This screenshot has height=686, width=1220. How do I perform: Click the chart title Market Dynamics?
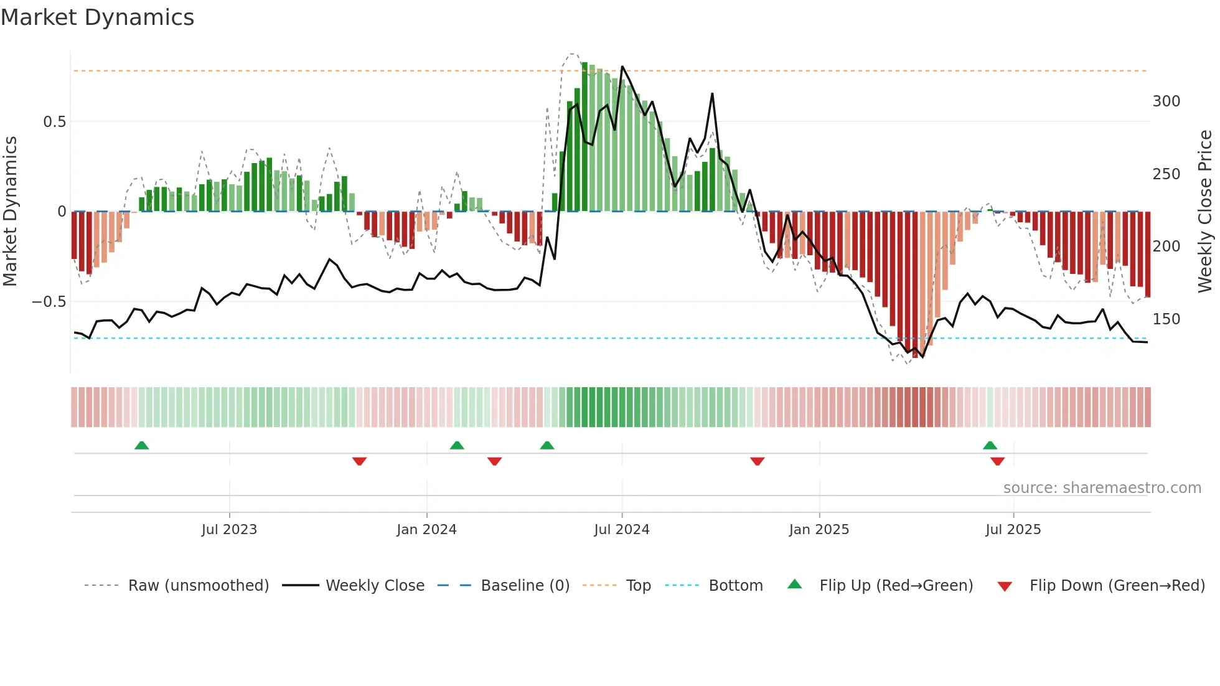click(x=98, y=17)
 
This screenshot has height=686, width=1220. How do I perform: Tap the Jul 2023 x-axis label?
click(x=229, y=530)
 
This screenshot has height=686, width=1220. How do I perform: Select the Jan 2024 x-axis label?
click(x=426, y=530)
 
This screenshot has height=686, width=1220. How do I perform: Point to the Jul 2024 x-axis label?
click(x=622, y=530)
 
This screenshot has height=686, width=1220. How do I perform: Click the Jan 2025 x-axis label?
click(x=819, y=530)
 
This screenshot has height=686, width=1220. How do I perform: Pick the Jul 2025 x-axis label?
click(x=1013, y=530)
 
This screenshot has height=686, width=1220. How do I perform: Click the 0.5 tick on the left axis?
click(x=55, y=122)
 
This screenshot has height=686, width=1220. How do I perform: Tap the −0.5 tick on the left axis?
click(x=49, y=302)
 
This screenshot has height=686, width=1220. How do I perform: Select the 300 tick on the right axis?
click(x=1166, y=101)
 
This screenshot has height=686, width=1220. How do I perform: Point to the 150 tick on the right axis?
click(x=1166, y=319)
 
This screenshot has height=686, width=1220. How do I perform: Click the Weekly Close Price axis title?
click(x=1205, y=212)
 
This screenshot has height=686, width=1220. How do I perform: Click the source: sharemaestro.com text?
click(x=1102, y=488)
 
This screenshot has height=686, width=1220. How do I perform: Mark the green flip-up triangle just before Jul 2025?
click(x=990, y=445)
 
